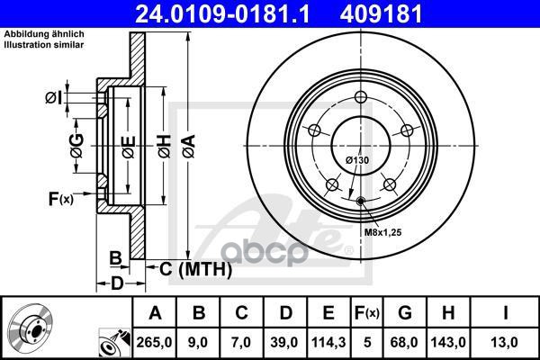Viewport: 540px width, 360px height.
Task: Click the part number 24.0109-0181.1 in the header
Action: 223,13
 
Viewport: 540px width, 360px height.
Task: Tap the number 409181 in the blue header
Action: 381,13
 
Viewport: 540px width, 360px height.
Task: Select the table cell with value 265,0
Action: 154,343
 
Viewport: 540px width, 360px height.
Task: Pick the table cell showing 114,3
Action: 328,343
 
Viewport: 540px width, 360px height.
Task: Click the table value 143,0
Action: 448,343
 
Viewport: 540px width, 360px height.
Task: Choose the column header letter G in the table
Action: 405,313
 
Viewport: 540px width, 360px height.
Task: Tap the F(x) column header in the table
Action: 367,313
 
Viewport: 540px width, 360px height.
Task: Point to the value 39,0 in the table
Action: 284,343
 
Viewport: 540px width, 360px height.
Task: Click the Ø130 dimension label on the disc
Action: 357,160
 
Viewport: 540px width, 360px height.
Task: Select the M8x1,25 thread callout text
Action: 383,232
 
